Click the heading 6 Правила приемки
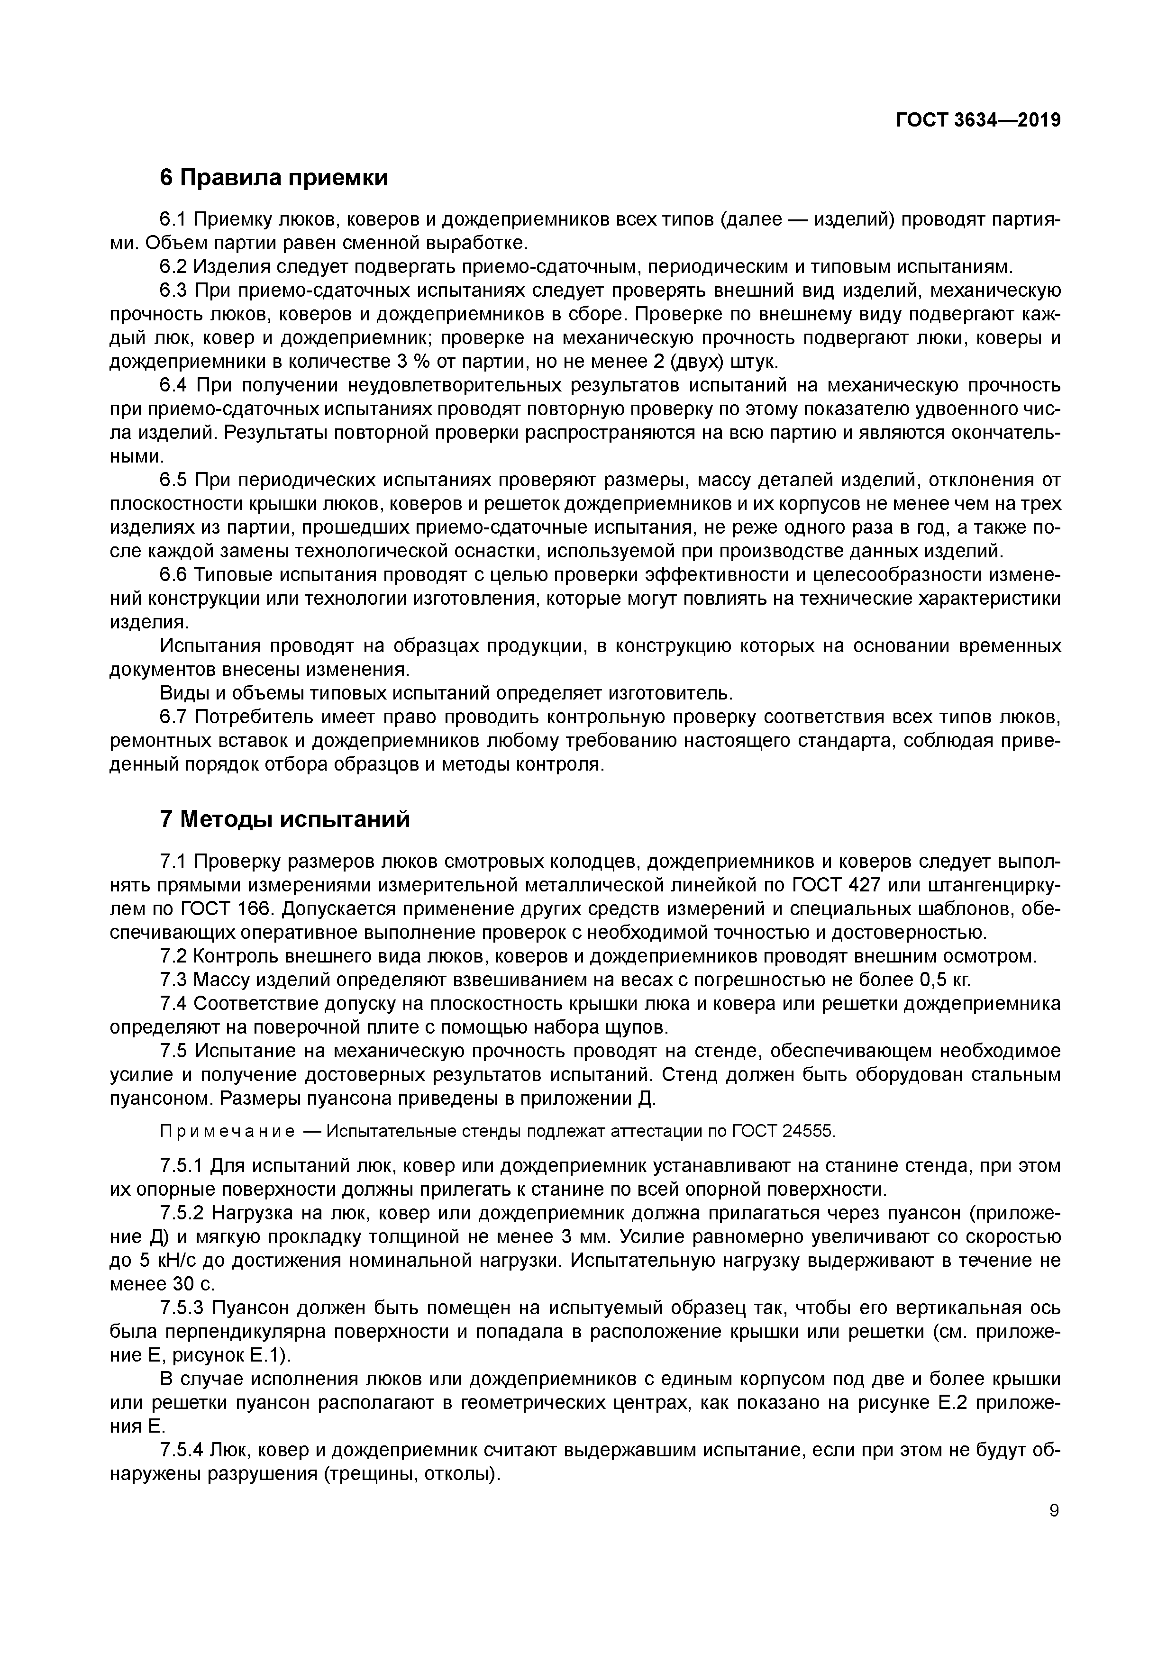(x=273, y=177)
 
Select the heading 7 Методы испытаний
(x=284, y=819)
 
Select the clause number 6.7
(x=174, y=717)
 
